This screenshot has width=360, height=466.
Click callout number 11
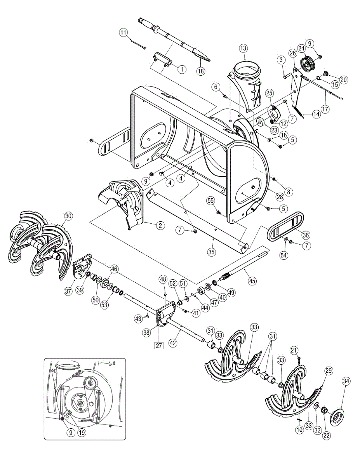coord(123,33)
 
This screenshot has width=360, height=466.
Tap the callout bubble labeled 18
coord(200,71)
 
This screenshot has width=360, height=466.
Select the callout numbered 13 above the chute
coord(243,48)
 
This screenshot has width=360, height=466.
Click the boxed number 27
coord(159,345)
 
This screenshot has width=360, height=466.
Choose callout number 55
coord(210,200)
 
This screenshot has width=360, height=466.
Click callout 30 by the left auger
coord(68,216)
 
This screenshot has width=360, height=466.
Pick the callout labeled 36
coord(306,235)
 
